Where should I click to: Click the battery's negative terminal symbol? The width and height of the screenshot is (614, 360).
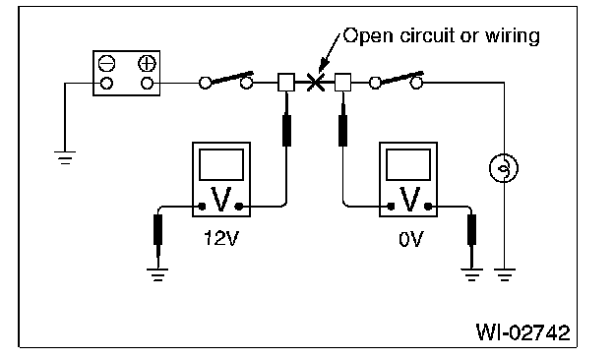[x=106, y=63]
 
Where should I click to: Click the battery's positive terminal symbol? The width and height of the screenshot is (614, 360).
[x=148, y=63]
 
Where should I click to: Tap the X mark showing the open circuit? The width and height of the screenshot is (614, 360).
[x=315, y=83]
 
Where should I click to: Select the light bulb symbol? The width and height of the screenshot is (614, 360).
[x=504, y=168]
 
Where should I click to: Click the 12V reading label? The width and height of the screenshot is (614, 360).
[x=221, y=238]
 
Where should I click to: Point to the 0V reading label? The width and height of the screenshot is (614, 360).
[x=411, y=239]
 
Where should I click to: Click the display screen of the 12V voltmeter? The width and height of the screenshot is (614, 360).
[x=221, y=164]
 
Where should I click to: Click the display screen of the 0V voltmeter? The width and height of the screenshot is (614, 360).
[x=408, y=164]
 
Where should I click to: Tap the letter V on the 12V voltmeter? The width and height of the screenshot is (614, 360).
[x=220, y=200]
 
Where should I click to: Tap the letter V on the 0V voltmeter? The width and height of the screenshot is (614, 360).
[x=409, y=200]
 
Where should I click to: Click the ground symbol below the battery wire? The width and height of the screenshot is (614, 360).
[x=65, y=157]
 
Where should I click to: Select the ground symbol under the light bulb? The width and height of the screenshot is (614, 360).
[x=505, y=274]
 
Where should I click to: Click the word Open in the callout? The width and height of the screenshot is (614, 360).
[x=368, y=36]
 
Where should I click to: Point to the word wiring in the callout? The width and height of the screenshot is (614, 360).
[x=513, y=36]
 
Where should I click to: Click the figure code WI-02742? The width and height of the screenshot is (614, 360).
[x=523, y=333]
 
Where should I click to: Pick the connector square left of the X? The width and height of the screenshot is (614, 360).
[x=286, y=83]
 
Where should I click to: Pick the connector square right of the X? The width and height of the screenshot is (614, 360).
[x=342, y=83]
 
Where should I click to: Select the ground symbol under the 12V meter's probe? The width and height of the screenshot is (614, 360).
[x=157, y=274]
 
